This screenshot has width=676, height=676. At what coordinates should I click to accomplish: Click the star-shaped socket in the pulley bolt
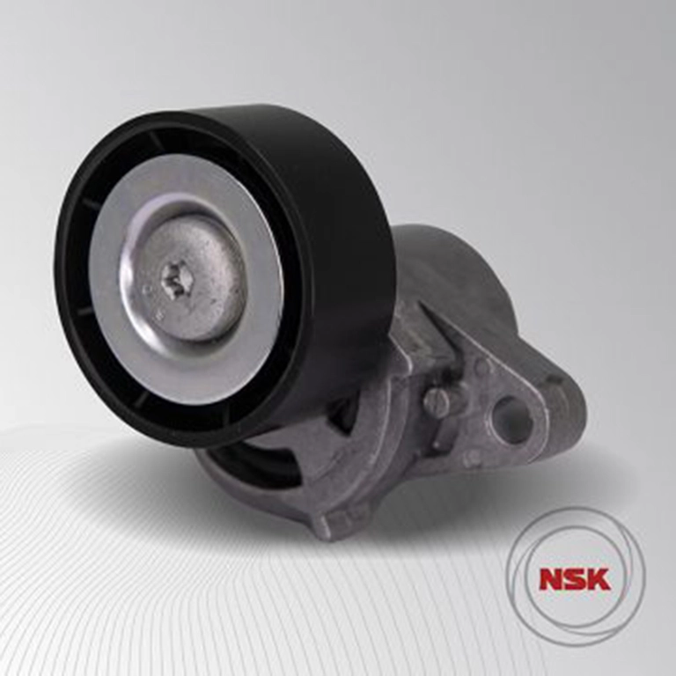[x=177, y=281]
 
